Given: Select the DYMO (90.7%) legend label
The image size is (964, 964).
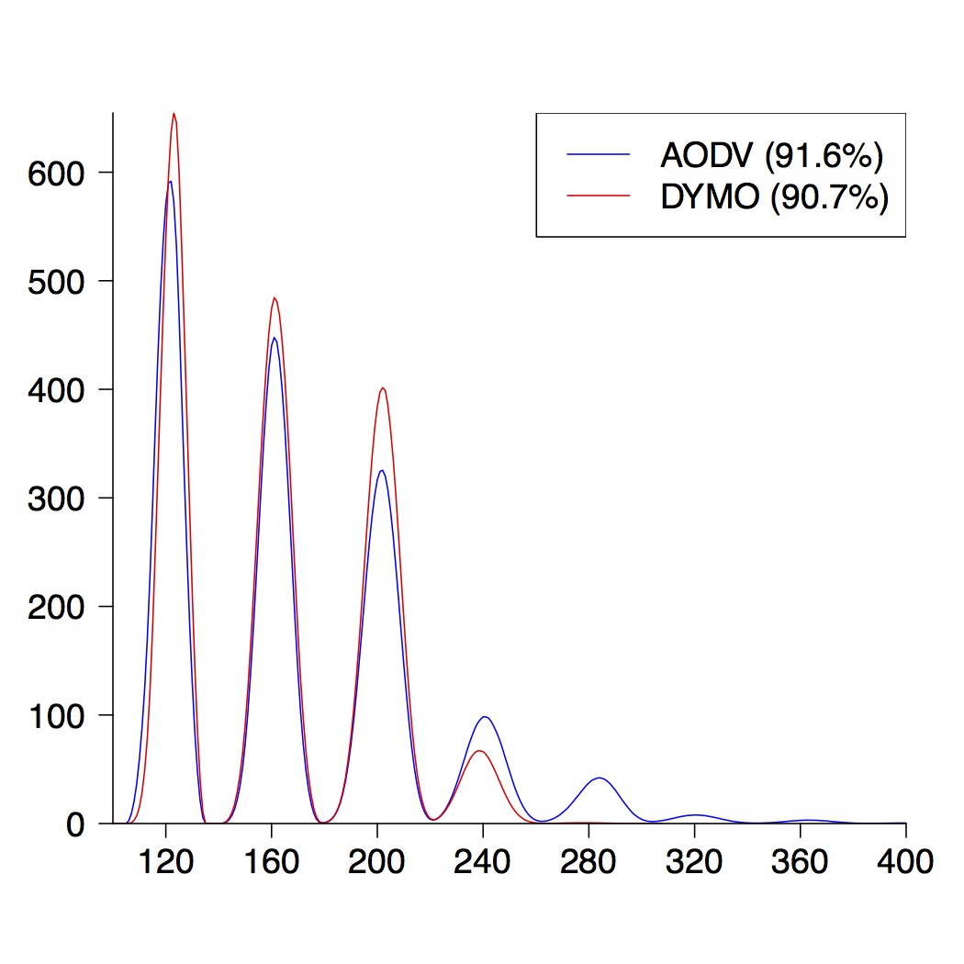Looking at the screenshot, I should coord(775,196).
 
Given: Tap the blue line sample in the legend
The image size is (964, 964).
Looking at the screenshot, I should coord(599,156).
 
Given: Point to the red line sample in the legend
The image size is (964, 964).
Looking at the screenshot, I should coord(599,196).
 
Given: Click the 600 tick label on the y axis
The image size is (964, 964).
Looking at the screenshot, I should coord(57,174).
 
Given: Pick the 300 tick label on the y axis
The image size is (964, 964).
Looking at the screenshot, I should coord(57,499).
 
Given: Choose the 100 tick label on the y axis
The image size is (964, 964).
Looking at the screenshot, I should coord(57,715).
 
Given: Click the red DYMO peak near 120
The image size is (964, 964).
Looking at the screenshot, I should coord(174,114).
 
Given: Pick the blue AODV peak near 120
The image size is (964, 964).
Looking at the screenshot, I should coord(170,182).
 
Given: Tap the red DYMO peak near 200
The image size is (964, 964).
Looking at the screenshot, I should coord(383,387).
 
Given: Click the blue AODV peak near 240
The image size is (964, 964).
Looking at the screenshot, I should coord(485,717).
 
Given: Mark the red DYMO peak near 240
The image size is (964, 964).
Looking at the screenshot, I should coord(479,751).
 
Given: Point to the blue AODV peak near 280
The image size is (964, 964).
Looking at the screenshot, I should coord(599,778).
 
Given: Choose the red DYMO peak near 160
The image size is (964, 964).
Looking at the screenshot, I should coord(274,298).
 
